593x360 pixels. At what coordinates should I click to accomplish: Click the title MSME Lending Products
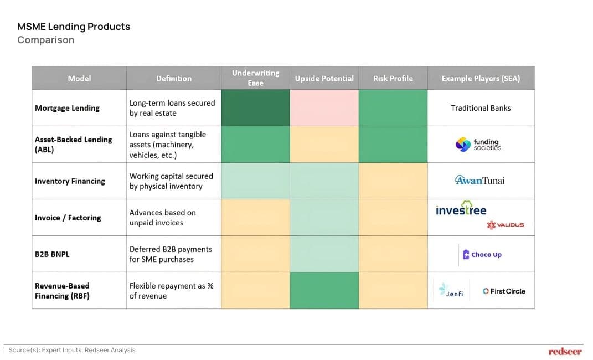click(74, 27)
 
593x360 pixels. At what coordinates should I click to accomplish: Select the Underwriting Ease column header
click(255, 78)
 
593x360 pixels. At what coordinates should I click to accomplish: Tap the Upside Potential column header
click(324, 79)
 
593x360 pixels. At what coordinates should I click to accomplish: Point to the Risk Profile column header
click(393, 79)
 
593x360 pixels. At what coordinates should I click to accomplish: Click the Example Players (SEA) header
click(481, 79)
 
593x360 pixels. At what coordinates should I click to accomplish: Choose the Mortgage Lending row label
click(67, 108)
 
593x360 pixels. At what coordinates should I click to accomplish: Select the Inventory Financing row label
click(70, 181)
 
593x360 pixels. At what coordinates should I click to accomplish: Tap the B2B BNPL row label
click(52, 254)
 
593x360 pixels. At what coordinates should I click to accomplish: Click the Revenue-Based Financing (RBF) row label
click(62, 291)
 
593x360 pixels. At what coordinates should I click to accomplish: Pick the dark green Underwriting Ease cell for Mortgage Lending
click(255, 108)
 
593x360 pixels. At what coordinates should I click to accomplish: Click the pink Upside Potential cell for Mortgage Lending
click(324, 108)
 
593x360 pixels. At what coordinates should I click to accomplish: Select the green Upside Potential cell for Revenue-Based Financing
click(324, 291)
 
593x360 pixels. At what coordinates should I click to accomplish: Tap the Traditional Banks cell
click(481, 108)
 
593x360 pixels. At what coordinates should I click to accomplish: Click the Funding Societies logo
click(478, 145)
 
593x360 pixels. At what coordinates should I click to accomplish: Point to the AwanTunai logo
click(479, 181)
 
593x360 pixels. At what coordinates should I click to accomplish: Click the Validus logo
click(505, 225)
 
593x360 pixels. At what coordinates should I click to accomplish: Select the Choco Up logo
click(482, 255)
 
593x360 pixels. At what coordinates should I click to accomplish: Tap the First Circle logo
click(504, 291)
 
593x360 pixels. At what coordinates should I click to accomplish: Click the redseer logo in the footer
click(565, 351)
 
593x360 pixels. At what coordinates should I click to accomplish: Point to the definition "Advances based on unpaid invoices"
click(162, 218)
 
